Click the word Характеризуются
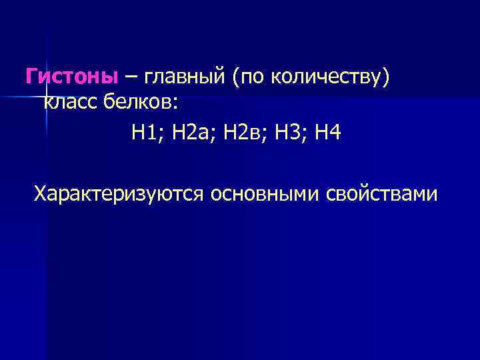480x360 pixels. pyautogui.click(x=119, y=195)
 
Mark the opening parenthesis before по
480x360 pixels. pyautogui.click(x=235, y=79)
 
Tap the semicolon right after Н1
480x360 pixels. pyautogui.click(x=163, y=135)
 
